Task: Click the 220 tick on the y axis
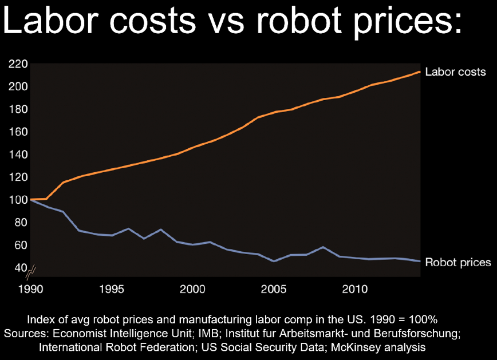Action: click(18, 64)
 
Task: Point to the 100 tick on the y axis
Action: click(18, 200)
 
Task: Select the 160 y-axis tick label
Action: click(18, 132)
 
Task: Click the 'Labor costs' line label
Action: click(455, 72)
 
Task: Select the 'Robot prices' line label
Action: click(458, 262)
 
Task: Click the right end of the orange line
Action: click(420, 72)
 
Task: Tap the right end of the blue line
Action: click(420, 261)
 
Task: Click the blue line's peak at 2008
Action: click(324, 247)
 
